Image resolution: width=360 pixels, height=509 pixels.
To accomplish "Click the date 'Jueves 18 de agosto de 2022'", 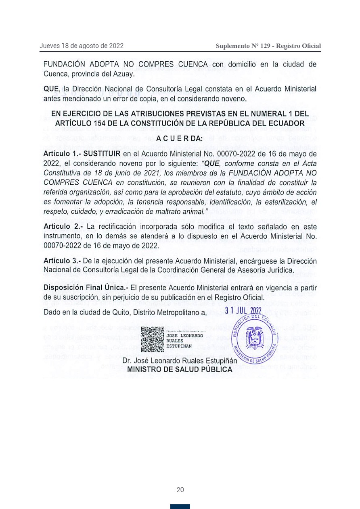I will pyautogui.click(x=82, y=46).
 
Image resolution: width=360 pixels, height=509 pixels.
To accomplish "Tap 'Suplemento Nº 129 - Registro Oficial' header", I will pyautogui.click(x=268, y=46).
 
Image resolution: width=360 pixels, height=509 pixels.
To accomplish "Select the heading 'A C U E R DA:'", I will pyautogui.click(x=180, y=139).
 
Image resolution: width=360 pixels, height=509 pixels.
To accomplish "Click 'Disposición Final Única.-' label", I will pyautogui.click(x=86, y=287).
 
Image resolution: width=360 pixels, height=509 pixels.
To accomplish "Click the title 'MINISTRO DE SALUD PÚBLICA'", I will pyautogui.click(x=180, y=369).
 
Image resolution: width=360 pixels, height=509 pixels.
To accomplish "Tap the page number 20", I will pyautogui.click(x=180, y=490).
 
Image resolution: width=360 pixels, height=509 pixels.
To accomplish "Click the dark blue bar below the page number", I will pyautogui.click(x=180, y=507).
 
